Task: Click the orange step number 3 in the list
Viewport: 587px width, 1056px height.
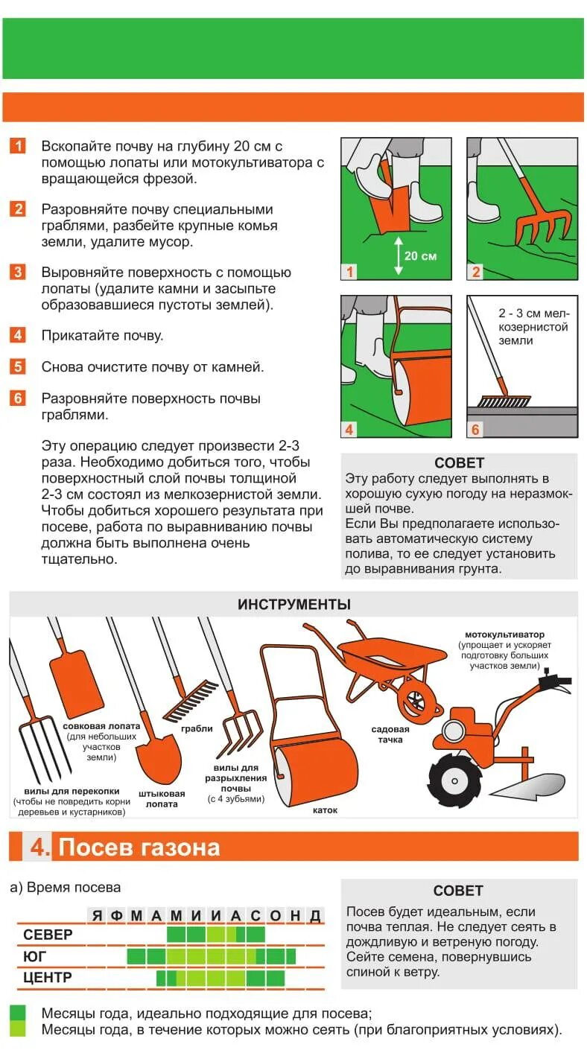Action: (18, 272)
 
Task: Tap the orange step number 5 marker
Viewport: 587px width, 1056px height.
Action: (18, 366)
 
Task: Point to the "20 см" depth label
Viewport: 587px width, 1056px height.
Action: (420, 255)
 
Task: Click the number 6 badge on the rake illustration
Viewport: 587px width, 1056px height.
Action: (475, 430)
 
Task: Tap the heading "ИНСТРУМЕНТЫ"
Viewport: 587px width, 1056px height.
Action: (293, 605)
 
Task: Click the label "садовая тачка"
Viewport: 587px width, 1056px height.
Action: (390, 734)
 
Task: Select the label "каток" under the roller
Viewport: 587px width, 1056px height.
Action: (325, 810)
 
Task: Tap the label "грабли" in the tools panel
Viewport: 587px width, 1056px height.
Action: (197, 728)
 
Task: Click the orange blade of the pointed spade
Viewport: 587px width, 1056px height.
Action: (159, 759)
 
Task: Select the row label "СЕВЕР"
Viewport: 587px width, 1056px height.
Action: (48, 934)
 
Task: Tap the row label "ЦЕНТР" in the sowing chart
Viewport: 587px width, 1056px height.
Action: (48, 977)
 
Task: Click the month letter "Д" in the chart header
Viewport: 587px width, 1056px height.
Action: (315, 915)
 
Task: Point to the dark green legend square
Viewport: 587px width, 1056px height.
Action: (17, 1013)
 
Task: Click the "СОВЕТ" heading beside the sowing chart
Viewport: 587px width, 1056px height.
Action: (458, 891)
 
